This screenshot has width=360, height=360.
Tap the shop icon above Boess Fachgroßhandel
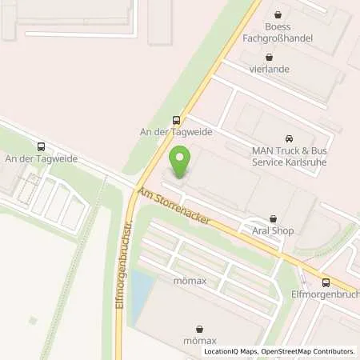pos(278,14)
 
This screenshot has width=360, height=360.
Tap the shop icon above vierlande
pos(269,57)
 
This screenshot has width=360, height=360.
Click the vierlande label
pos(269,69)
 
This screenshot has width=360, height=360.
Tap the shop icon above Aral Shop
pos(274,218)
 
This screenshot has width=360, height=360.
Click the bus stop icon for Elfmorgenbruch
pos(326,282)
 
